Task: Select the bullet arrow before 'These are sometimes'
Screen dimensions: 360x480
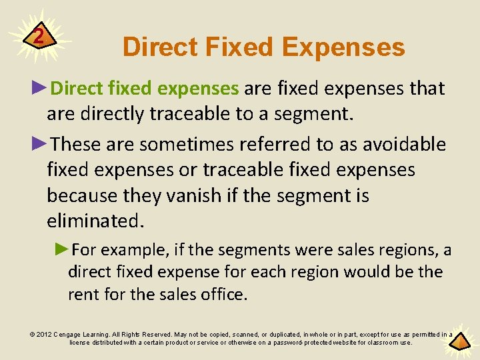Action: (x=39, y=144)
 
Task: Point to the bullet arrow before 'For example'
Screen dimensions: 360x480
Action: (x=62, y=250)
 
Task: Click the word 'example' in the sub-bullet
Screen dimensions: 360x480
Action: (x=135, y=250)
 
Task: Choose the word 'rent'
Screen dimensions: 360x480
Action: (x=83, y=294)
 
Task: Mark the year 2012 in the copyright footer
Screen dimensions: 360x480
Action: (x=43, y=335)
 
